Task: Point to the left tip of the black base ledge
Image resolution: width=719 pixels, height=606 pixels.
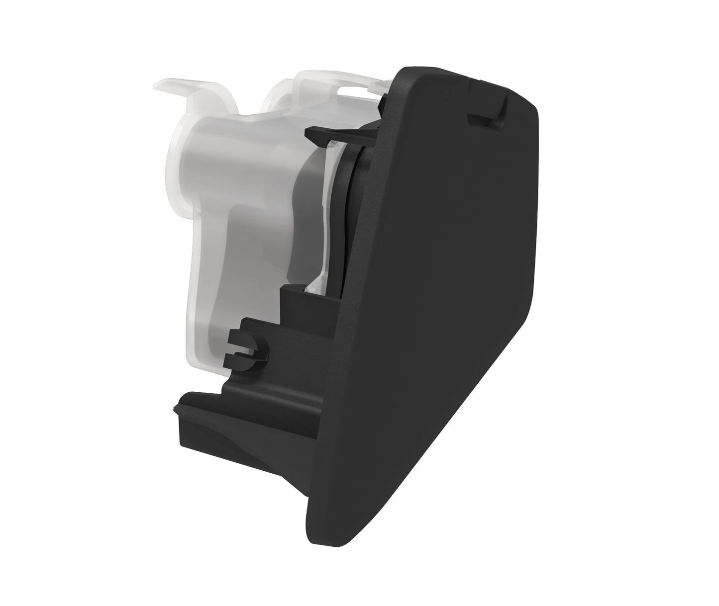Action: pyautogui.click(x=175, y=409)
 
